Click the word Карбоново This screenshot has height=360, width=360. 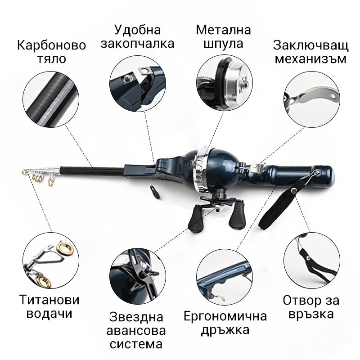coord(51,45)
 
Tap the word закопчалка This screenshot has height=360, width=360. coord(137,44)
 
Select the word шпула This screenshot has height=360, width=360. coord(223,44)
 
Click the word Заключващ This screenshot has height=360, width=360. coord(310,45)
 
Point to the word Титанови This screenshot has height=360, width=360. coord(49,300)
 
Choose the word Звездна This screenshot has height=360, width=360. coord(136,317)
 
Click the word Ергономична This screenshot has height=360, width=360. coord(225,316)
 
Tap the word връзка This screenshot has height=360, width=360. coord(311,314)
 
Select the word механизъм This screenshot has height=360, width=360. coord(310,59)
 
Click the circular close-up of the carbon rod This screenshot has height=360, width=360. coord(51,99)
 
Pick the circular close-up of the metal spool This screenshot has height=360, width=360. coord(224,83)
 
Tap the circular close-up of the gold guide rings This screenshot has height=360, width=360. coord(51,261)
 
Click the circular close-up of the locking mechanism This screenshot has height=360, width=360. coord(311,99)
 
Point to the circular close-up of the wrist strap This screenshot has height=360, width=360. coord(311,261)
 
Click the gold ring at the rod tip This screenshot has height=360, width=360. coord(24,172)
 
